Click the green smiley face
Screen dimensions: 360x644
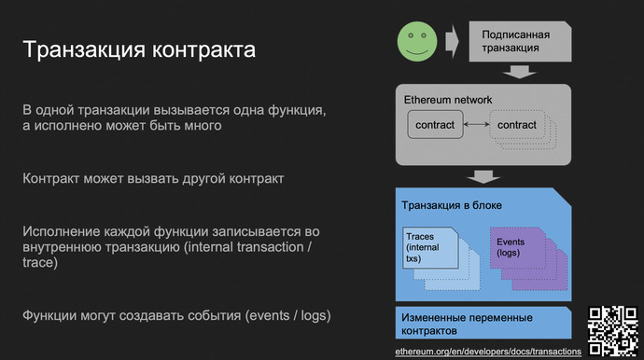(x=417, y=41)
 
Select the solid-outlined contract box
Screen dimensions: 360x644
(x=435, y=125)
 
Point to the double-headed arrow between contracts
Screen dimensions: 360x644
(x=476, y=125)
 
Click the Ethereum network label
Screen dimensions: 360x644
(x=447, y=99)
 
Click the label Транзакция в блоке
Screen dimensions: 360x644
(x=452, y=205)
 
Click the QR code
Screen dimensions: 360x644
(x=610, y=328)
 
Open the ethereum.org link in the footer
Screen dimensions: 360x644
(x=488, y=351)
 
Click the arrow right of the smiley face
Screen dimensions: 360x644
(x=453, y=41)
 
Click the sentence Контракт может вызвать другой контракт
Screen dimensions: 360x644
(x=152, y=177)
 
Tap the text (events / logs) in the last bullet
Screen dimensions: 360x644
(x=287, y=314)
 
